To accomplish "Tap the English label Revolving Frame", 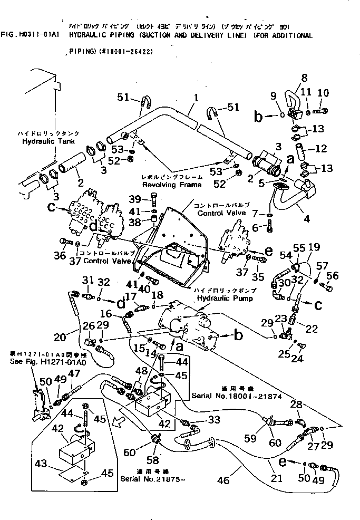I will point(164,185).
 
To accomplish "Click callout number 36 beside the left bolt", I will point(61,256).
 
